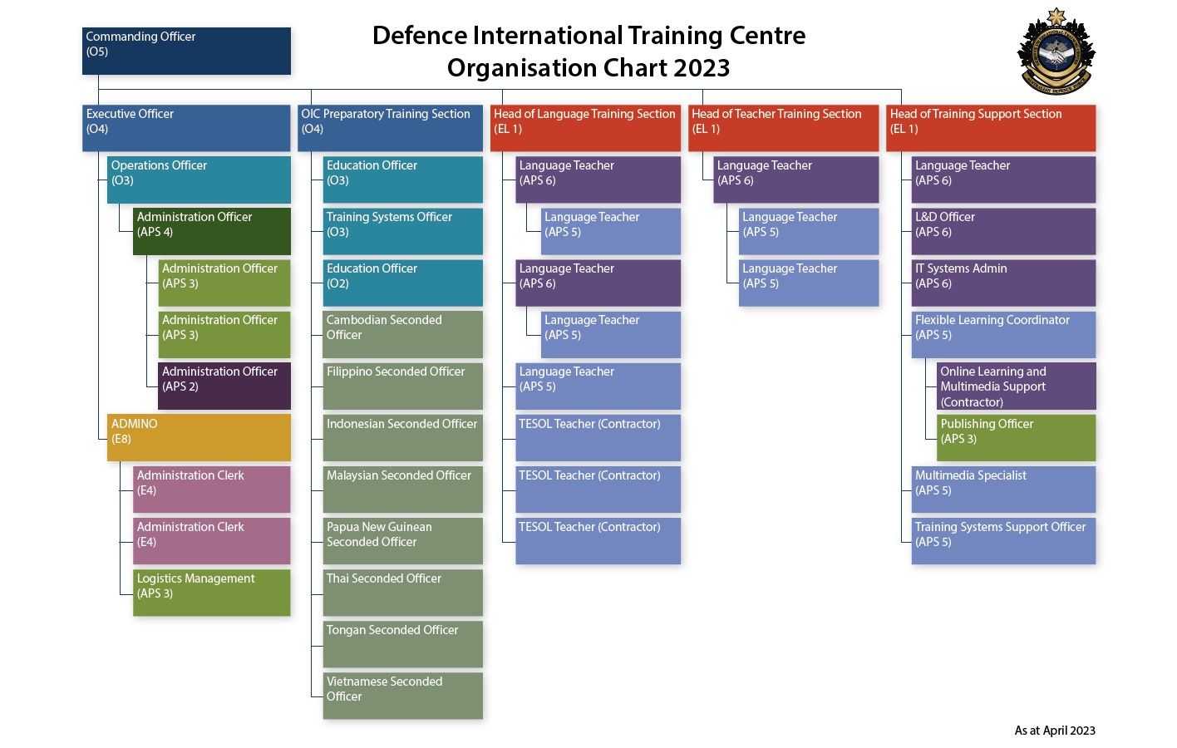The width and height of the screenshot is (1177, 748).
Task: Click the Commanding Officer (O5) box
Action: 186,51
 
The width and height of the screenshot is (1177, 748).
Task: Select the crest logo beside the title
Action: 1056,52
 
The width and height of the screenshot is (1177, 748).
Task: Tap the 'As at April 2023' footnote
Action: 1054,731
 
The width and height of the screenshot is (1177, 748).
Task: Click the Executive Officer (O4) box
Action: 186,128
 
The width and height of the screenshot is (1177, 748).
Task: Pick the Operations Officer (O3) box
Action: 199,180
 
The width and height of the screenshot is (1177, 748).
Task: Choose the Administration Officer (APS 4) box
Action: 211,231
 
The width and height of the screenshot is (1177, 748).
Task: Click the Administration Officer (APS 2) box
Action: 224,386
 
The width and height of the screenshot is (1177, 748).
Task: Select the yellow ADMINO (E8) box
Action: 199,437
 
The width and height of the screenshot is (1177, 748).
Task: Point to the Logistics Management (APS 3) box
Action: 211,592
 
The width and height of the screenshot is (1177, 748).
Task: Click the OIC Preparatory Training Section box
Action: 390,128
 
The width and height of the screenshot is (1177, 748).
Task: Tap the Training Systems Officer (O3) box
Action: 402,231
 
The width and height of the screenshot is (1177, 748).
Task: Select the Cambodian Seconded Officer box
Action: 402,334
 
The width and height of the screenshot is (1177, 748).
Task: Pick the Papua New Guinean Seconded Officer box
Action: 402,540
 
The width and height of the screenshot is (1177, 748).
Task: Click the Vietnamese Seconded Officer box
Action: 402,695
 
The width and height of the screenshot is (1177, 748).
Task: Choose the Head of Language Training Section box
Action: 585,128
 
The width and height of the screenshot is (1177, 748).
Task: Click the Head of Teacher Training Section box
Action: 783,128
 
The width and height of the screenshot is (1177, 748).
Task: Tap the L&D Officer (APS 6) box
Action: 1003,231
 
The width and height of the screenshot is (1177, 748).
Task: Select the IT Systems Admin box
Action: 1003,283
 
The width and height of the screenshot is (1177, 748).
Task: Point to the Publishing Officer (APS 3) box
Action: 1016,437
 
